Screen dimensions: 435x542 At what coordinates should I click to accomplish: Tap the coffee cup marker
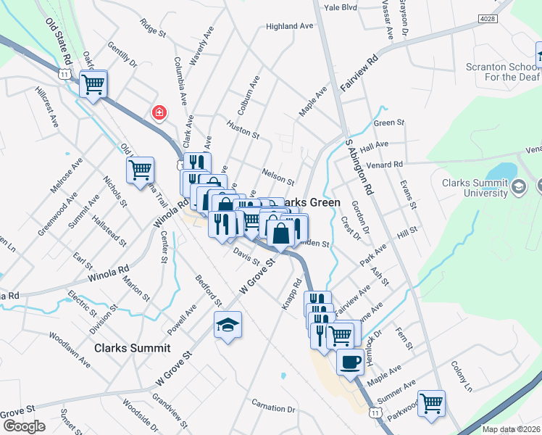tap(350, 362)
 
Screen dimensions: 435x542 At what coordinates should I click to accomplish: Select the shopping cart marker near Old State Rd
tap(93, 84)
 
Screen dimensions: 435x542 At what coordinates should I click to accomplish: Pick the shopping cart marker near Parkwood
tap(432, 402)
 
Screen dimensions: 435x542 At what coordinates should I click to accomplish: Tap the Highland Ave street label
tap(289, 26)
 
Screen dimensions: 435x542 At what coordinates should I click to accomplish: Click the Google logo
tap(23, 426)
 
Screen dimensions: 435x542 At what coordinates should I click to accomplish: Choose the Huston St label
tap(243, 130)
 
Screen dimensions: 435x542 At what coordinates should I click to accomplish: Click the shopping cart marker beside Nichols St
tap(140, 170)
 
